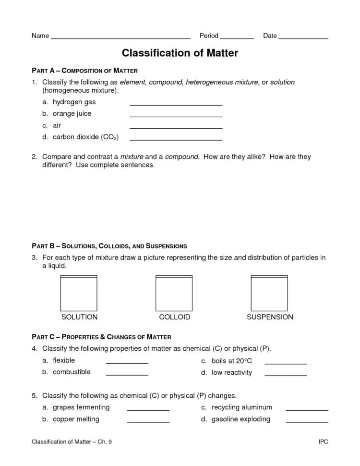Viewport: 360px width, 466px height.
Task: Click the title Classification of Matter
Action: tap(180, 53)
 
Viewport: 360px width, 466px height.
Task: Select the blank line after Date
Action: tap(303, 37)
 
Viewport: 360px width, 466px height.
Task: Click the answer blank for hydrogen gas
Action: tap(176, 104)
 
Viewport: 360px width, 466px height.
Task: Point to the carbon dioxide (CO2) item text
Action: tap(85, 137)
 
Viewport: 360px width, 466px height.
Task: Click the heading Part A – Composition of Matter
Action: tap(84, 71)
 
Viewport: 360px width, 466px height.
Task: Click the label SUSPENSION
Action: tap(270, 317)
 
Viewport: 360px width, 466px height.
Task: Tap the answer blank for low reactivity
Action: tap(286, 375)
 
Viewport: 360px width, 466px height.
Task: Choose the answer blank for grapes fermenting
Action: tap(148, 410)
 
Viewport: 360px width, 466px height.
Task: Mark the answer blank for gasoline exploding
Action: tap(307, 421)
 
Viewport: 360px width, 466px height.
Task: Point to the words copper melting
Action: tap(76, 419)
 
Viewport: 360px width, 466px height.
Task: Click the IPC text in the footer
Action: tap(323, 441)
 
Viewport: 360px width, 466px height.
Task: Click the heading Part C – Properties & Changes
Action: tap(101, 337)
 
